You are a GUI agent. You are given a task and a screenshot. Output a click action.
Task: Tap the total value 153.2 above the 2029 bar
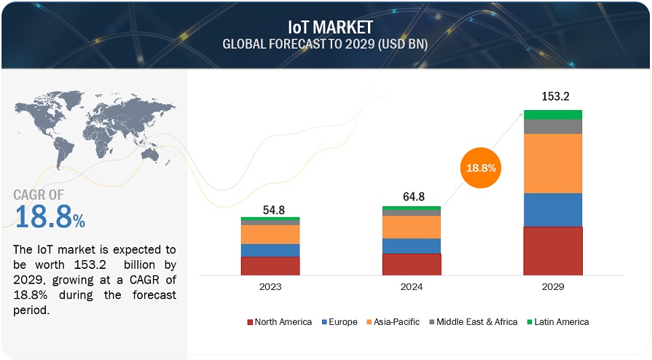pyautogui.click(x=553, y=96)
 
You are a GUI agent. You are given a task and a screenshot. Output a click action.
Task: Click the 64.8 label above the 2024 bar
pyautogui.click(x=412, y=196)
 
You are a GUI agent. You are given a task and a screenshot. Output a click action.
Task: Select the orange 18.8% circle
pyautogui.click(x=480, y=168)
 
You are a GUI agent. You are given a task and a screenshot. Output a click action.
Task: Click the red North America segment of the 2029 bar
pyautogui.click(x=553, y=251)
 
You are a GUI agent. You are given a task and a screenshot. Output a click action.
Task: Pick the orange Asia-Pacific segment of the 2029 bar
pyautogui.click(x=553, y=163)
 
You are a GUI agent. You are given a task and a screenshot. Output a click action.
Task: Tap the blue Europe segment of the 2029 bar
pyautogui.click(x=553, y=210)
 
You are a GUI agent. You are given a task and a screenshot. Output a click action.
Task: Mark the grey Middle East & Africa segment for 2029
pyautogui.click(x=553, y=127)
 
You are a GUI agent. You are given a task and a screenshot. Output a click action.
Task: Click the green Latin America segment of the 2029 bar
pyautogui.click(x=553, y=114)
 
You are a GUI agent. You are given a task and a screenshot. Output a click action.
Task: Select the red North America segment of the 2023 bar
pyautogui.click(x=270, y=265)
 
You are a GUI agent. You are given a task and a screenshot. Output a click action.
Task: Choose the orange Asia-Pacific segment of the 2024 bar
pyautogui.click(x=412, y=227)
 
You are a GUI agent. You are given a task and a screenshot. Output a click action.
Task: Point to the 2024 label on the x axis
pyautogui.click(x=412, y=287)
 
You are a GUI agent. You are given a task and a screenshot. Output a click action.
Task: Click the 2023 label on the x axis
pyautogui.click(x=270, y=287)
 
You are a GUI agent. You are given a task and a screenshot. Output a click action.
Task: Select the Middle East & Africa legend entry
pyautogui.click(x=474, y=321)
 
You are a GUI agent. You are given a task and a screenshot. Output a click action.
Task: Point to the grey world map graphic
pyautogui.click(x=95, y=124)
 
